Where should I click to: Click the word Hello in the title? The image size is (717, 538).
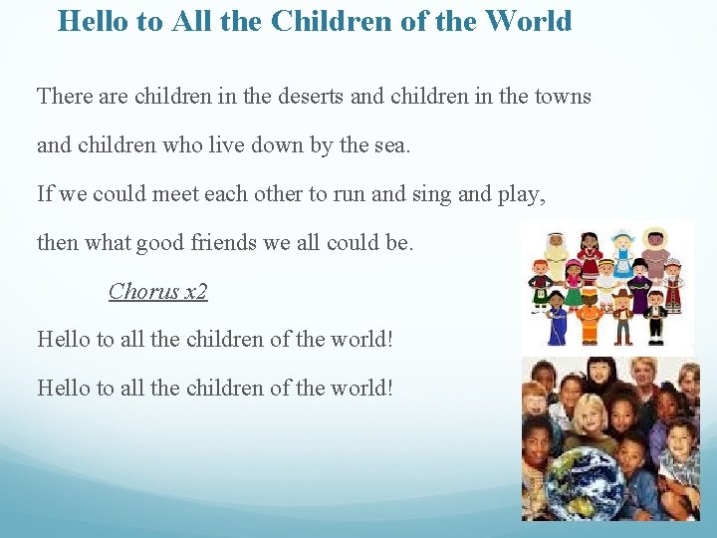coord(94,21)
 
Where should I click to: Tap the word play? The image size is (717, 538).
coord(518,193)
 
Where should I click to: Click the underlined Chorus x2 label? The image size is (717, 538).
coord(158,291)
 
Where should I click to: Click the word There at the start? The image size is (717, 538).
coord(65,97)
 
